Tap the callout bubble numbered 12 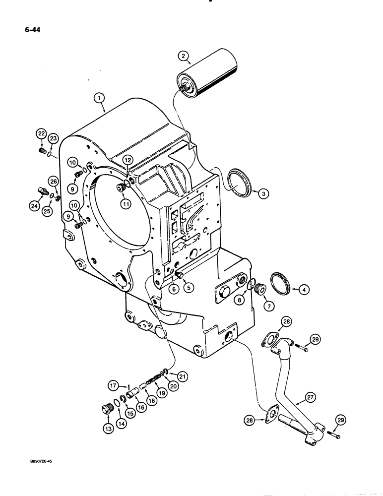click(x=128, y=160)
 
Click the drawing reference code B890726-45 click(x=39, y=461)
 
